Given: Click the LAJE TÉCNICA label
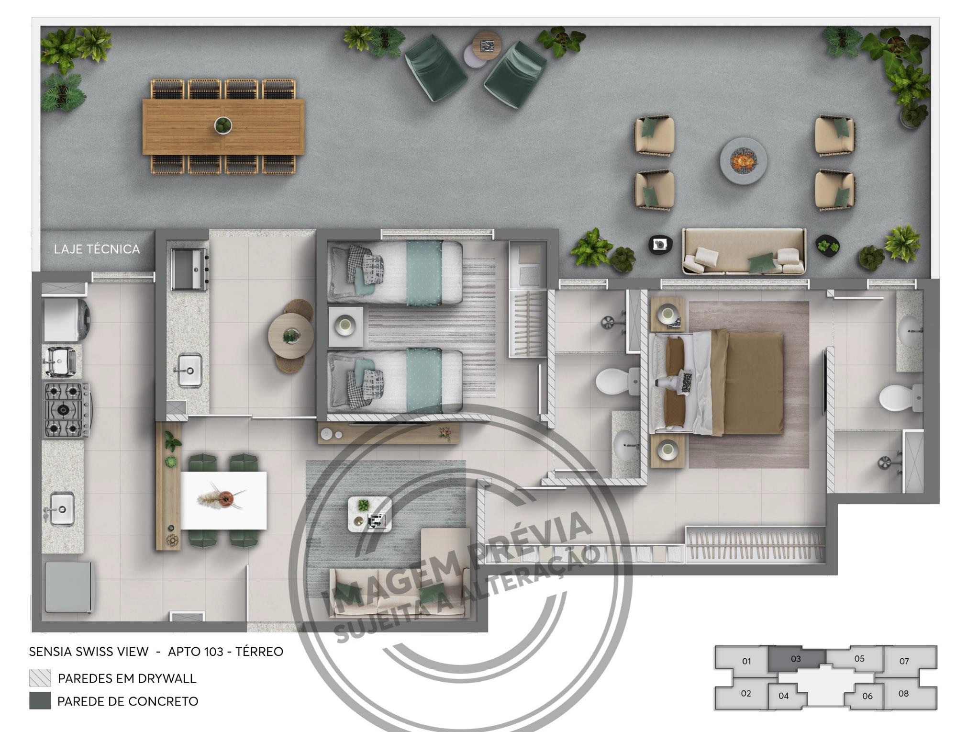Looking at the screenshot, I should [x=97, y=249].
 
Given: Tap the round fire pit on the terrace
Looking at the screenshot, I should [x=743, y=160].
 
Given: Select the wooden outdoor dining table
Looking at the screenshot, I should [x=223, y=127].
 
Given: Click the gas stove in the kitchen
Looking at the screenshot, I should [x=67, y=409].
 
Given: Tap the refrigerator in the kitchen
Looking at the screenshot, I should [x=68, y=587].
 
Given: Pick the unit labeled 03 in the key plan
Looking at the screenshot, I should [x=796, y=659].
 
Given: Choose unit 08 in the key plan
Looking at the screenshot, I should [x=903, y=693].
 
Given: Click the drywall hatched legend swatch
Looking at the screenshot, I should [x=40, y=678].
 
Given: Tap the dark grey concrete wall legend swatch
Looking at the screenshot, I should [x=40, y=701].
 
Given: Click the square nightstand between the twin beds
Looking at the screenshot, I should [x=345, y=326].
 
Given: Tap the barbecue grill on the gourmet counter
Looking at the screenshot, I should [x=189, y=270].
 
